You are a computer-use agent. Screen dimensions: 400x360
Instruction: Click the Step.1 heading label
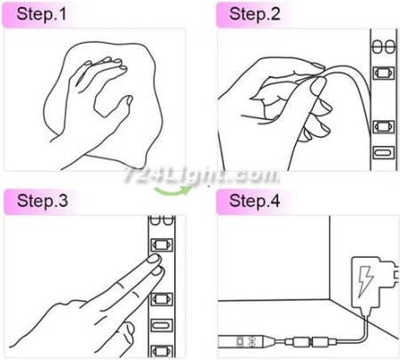pyautogui.click(x=42, y=14)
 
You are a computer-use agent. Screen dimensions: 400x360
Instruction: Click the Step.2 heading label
pyautogui.click(x=254, y=14)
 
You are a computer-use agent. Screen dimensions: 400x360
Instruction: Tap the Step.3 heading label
pyautogui.click(x=43, y=201)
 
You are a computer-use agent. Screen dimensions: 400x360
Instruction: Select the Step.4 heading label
pyautogui.click(x=254, y=201)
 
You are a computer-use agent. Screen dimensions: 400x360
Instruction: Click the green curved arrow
pyautogui.click(x=172, y=192)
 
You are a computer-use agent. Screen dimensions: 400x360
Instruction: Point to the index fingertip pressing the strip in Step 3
pyautogui.click(x=155, y=259)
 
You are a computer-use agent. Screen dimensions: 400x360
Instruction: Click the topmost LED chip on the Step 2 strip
pyautogui.click(x=383, y=73)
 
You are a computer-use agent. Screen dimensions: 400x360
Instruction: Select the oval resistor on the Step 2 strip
pyautogui.click(x=383, y=153)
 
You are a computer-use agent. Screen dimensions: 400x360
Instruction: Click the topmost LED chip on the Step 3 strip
pyautogui.click(x=162, y=244)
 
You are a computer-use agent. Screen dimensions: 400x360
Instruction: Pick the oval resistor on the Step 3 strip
pyautogui.click(x=162, y=325)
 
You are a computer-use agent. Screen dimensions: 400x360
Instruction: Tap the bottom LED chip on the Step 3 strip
pyautogui.click(x=162, y=351)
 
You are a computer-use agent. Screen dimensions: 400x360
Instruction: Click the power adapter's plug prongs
pyautogui.click(x=396, y=276)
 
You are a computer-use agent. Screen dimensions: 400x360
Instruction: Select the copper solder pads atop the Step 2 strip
pyautogui.click(x=384, y=47)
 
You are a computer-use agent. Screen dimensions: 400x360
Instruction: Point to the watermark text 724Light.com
pyautogui.click(x=202, y=175)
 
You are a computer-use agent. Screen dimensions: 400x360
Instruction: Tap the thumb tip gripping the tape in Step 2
pyautogui.click(x=317, y=85)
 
